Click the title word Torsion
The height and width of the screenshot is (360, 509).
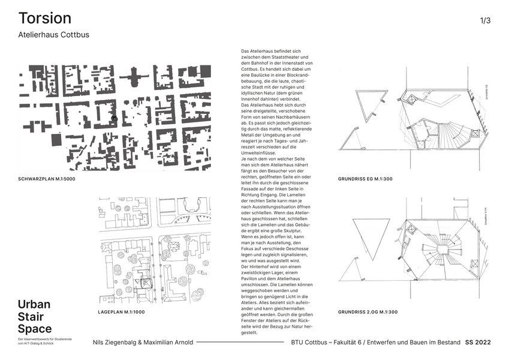tap(45, 18)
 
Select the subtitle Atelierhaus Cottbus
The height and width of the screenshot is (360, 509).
tap(54, 35)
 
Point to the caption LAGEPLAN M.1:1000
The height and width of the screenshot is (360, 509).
tap(121, 313)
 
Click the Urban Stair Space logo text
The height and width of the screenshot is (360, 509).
tap(34, 316)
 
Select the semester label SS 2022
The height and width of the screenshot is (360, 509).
tap(478, 342)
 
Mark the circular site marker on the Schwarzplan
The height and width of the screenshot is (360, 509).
tap(113, 119)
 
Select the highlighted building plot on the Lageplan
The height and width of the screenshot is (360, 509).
tap(145, 284)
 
